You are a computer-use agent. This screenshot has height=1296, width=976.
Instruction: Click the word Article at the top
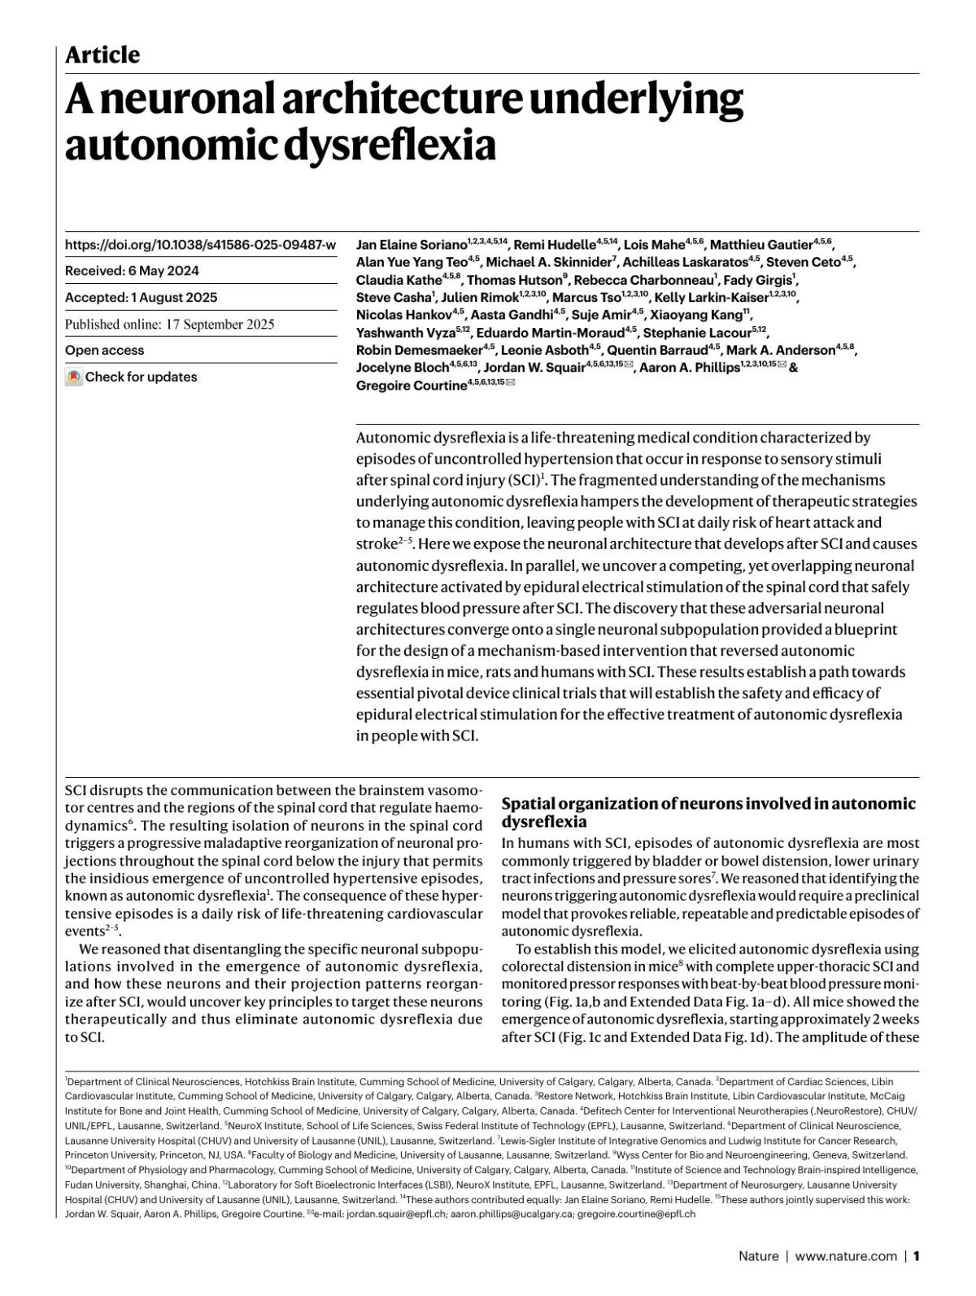(102, 55)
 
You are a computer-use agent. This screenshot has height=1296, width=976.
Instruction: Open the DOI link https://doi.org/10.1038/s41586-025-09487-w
(200, 244)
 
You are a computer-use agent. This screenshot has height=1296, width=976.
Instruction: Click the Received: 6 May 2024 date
(132, 271)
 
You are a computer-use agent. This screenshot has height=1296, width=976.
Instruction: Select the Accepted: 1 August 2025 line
(141, 298)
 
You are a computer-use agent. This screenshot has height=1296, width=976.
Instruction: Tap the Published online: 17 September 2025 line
(169, 324)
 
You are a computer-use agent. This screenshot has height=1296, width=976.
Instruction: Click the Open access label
(104, 351)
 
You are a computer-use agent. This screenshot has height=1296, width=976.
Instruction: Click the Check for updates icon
(74, 377)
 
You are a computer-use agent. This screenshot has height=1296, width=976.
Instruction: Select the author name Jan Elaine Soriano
(412, 244)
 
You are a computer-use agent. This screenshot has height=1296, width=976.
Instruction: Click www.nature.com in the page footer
(846, 1256)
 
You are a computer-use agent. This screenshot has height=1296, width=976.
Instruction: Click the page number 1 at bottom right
(916, 1256)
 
